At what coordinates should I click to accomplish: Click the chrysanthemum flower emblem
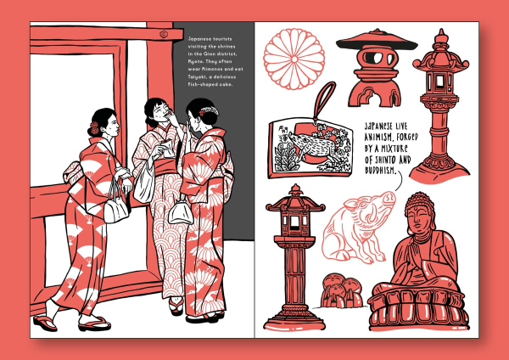pos(294,59)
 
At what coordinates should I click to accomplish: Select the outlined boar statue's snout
pos(389,197)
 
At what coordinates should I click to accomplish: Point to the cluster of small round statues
pos(341,290)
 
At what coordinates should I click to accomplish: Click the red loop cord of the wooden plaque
pos(323,101)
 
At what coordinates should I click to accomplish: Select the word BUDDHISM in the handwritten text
pos(381,171)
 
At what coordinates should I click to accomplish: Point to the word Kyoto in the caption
pos(195,61)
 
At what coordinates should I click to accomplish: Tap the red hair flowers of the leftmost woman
pos(94,128)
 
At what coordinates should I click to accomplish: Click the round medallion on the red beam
pos(164,34)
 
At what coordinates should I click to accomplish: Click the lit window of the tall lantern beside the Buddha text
pos(439,82)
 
